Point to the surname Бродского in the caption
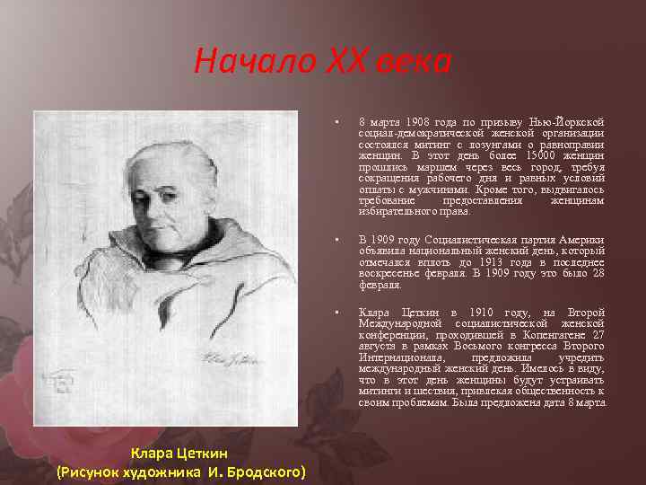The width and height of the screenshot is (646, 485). coord(266,472)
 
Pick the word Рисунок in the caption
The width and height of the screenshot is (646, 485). coord(92,472)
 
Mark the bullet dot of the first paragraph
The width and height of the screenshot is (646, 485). coord(334,122)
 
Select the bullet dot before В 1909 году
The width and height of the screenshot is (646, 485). coord(334,241)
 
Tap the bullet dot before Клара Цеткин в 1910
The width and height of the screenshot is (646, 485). coord(334,313)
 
